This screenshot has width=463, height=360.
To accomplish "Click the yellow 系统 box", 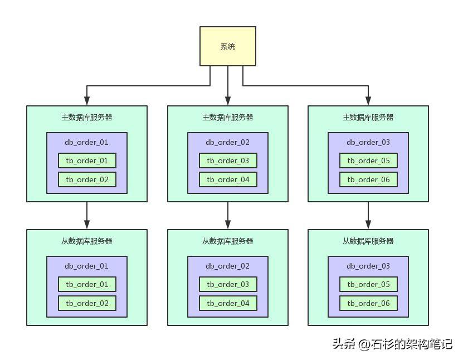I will (228, 46).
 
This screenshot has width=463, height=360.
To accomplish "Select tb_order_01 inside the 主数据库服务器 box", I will (87, 160).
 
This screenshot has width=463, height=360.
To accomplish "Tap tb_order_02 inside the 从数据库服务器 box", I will (87, 303).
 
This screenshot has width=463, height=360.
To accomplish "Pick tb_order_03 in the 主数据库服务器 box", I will (228, 160).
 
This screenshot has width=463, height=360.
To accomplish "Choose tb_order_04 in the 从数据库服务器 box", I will (228, 303).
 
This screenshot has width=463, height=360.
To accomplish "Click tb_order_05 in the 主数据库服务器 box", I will (368, 160).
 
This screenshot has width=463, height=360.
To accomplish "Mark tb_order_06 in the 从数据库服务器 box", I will (368, 303).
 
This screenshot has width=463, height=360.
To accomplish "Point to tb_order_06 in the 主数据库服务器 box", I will (368, 179).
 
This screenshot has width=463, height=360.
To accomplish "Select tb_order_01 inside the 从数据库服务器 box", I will (87, 284).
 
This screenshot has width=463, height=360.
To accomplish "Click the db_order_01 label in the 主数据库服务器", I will (87, 142).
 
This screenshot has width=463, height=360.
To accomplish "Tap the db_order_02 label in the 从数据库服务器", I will (228, 266).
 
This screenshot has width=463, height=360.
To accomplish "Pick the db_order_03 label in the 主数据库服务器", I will (368, 142).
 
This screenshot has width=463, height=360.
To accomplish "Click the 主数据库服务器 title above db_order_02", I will (228, 118).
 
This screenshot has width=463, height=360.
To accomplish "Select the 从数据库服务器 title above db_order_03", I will (368, 241).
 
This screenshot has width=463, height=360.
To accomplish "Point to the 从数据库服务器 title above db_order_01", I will (87, 241).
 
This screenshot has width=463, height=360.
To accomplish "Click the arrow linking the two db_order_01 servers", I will (87, 215).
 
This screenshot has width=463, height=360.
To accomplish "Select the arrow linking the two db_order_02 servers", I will (228, 215).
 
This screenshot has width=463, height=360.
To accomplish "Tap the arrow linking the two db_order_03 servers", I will (368, 215).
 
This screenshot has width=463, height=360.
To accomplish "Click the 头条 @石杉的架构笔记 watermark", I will (392, 344).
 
